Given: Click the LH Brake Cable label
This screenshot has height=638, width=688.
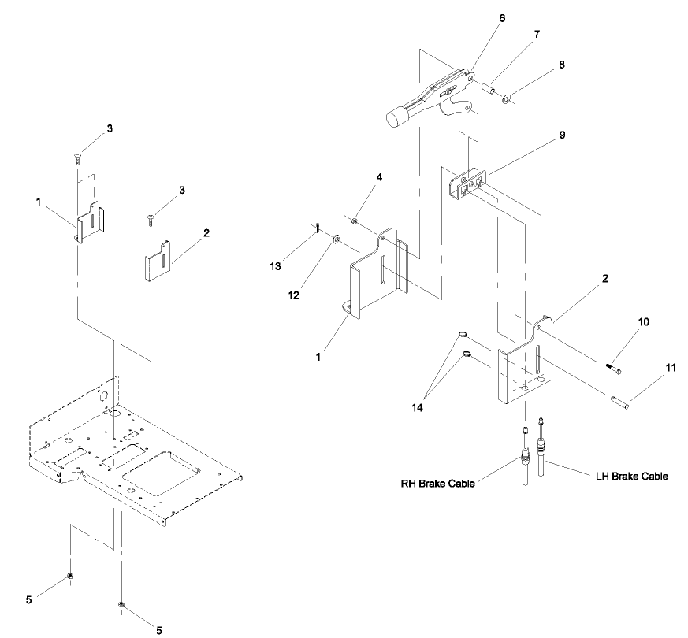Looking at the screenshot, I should [631, 477].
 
